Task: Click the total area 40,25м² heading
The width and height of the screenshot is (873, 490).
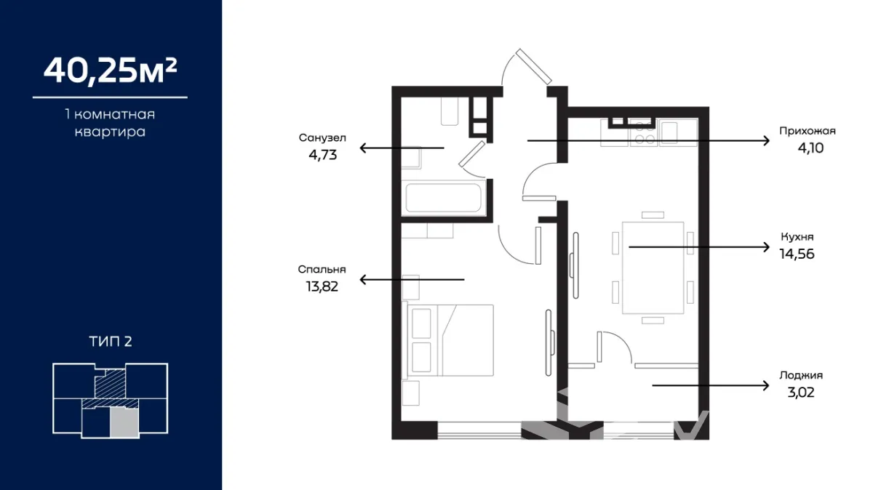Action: (111, 71)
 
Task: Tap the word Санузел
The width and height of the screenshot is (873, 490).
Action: (322, 138)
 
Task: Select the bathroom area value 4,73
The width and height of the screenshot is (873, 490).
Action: (323, 155)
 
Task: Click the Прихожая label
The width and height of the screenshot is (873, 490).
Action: (807, 132)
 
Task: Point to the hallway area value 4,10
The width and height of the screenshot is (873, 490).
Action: (810, 148)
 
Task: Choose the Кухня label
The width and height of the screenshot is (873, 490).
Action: (797, 237)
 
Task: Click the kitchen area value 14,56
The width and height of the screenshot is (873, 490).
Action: (797, 254)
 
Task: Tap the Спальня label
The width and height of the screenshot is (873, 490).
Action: (322, 270)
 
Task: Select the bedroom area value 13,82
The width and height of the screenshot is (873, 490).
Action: (322, 286)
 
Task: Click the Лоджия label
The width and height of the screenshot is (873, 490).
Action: (801, 375)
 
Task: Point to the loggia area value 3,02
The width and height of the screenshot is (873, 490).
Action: (801, 393)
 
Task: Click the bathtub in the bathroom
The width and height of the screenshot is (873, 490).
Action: (444, 198)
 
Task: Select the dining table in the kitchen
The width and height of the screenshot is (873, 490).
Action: (653, 268)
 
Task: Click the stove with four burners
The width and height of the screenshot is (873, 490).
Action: (644, 132)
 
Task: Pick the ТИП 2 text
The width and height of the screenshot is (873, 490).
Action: (111, 342)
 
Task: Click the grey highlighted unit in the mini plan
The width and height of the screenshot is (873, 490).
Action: (124, 422)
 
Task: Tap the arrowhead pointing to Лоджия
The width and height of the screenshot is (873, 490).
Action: (766, 385)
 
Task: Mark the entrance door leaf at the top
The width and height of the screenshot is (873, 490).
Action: (533, 67)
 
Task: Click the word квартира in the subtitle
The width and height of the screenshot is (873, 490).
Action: (111, 132)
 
